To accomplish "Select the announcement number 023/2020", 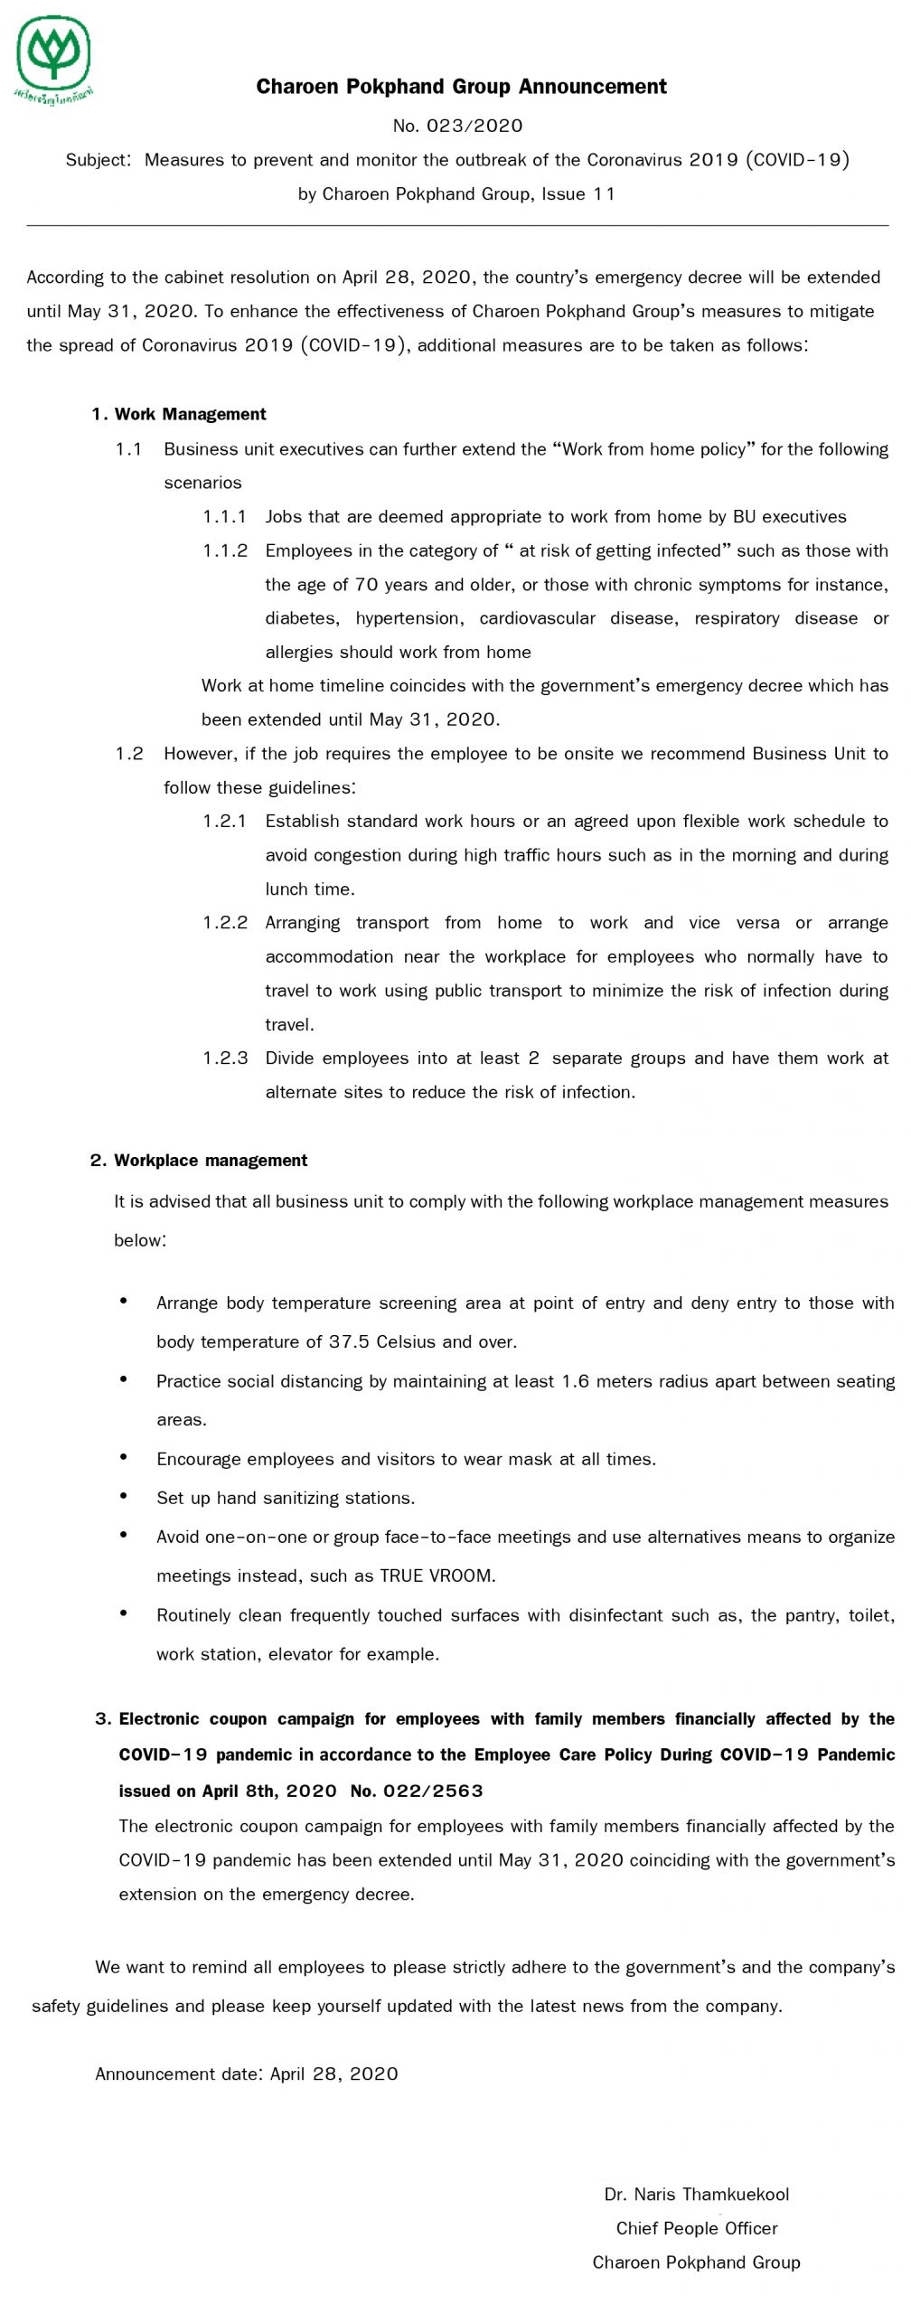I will [x=457, y=126].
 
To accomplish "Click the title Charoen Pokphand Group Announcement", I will [x=461, y=87].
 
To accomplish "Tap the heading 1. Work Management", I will [x=179, y=414].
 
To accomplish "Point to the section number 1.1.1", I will [x=224, y=517].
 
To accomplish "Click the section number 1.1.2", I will [x=224, y=550].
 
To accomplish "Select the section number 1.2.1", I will [x=224, y=821].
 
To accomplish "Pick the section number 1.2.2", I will [x=224, y=923].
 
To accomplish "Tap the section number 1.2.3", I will [x=224, y=1058].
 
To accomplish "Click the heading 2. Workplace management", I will [x=199, y=1161].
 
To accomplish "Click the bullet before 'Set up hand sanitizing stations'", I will [x=124, y=1497].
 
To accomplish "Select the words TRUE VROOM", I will [x=437, y=1576].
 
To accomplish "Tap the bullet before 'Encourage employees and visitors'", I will [x=124, y=1458].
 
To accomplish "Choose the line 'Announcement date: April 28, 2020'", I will [x=247, y=2074].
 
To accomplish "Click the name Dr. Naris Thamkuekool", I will [x=696, y=2194].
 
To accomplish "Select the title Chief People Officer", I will [x=696, y=2228].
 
